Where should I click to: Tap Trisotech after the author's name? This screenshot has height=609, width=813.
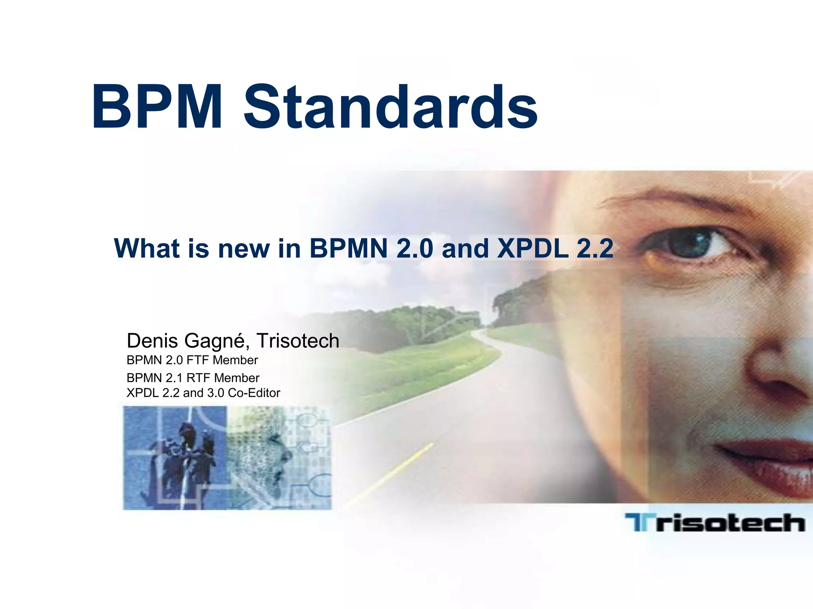pos(298,341)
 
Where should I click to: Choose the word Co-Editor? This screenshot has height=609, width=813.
pos(254,393)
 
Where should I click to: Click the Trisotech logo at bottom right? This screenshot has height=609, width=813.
pos(715,523)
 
